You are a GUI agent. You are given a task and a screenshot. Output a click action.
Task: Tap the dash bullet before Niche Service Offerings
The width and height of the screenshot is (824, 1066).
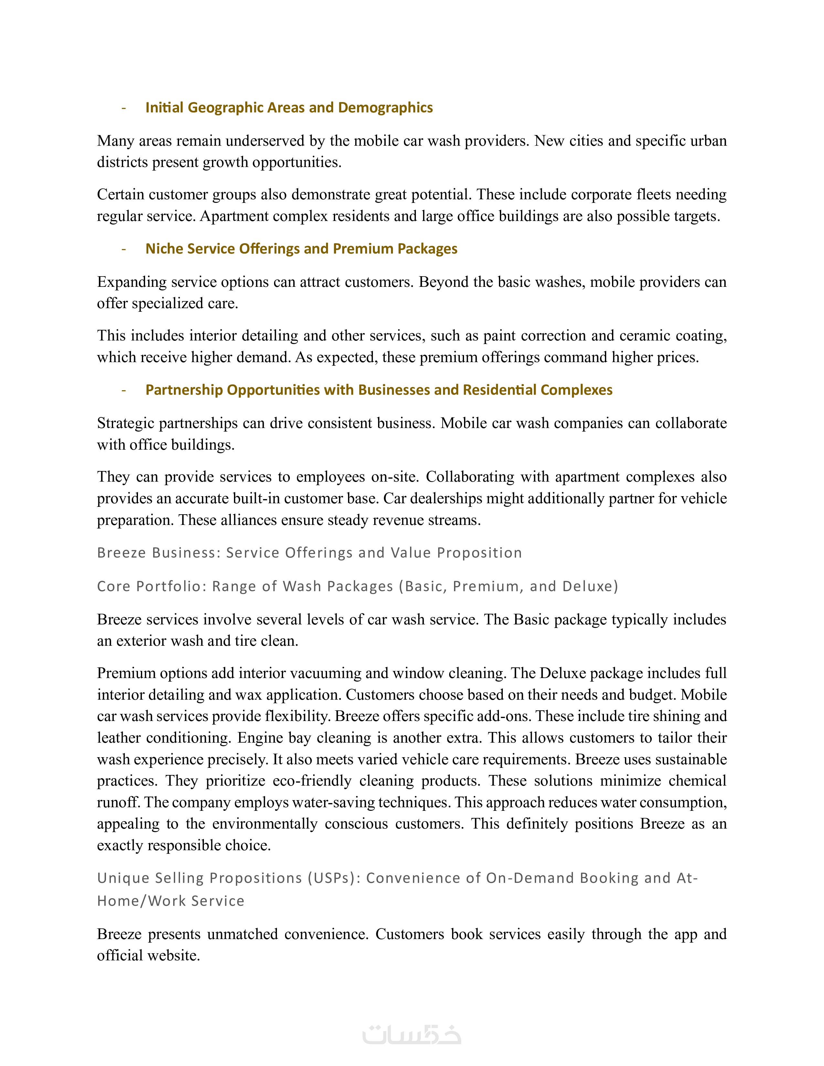coord(124,249)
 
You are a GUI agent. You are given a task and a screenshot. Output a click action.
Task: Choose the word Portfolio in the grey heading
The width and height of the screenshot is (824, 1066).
coord(170,586)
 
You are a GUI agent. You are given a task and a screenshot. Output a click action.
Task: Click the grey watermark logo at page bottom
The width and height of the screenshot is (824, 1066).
coord(411,1035)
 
